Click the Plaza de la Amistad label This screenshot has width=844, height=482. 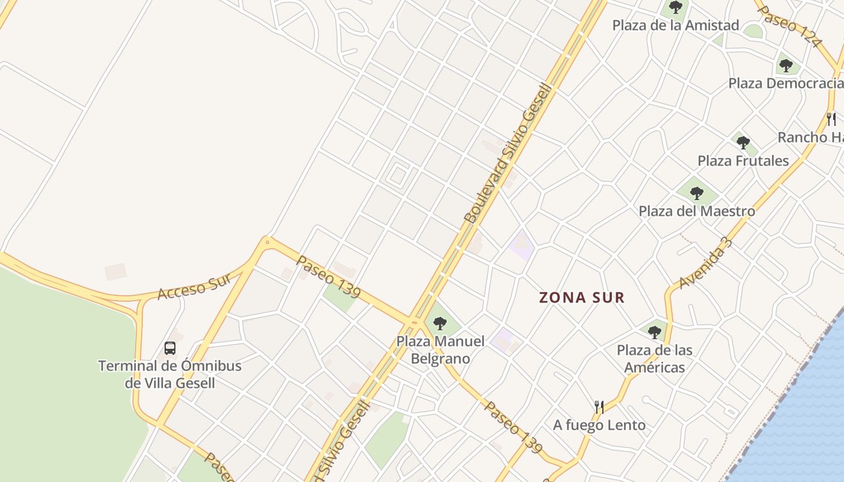675,25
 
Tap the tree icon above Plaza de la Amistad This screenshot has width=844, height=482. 675,8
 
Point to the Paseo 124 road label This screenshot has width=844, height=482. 789,27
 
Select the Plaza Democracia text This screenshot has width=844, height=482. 786,83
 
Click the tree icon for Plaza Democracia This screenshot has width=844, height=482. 785,65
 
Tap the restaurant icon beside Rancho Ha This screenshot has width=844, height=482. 831,119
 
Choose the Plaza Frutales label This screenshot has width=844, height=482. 743,160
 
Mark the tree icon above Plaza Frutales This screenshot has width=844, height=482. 743,143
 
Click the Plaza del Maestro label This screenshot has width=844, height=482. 696,211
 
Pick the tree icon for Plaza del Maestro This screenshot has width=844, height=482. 697,193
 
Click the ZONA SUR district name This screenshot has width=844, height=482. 582,297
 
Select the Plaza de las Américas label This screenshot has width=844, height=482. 654,358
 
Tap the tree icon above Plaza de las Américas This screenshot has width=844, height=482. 655,332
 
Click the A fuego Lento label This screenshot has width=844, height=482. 599,425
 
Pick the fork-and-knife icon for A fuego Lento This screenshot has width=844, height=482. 599,407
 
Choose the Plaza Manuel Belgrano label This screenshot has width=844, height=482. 440,350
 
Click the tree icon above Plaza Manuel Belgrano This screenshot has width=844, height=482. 440,324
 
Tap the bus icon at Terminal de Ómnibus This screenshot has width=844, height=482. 170,348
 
